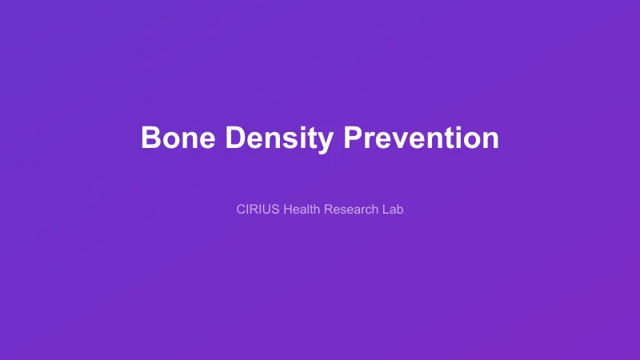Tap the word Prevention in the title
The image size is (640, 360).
tap(421, 138)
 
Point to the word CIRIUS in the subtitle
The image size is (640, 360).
tap(258, 210)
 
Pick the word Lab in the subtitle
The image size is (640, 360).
tap(393, 210)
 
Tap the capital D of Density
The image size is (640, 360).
tap(234, 138)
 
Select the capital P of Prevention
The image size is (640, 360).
tap(353, 138)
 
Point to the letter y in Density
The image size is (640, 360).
tap(324, 142)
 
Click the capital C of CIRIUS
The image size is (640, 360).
tap(242, 210)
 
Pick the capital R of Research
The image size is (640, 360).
tap(329, 210)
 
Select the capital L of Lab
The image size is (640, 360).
tap(385, 210)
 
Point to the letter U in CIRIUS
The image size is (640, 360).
tap(266, 210)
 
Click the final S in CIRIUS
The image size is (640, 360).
tap(275, 210)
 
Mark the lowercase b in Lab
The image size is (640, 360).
tap(400, 210)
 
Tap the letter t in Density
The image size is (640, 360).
tap(311, 138)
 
